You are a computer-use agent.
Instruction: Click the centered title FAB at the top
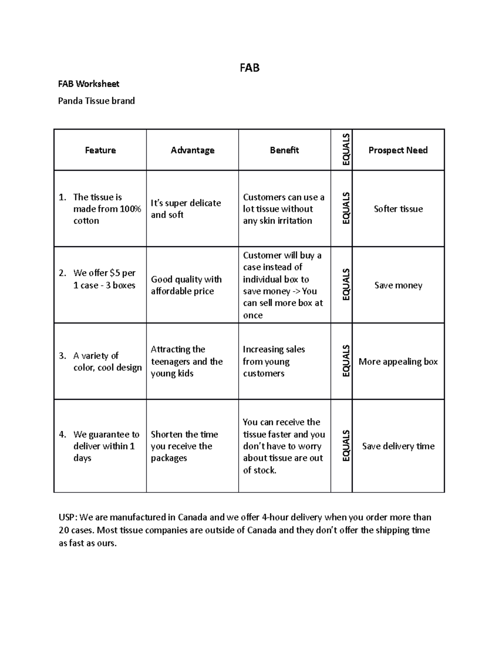(x=249, y=68)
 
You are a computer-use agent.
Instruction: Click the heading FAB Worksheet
(x=89, y=84)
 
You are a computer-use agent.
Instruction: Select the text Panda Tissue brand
(x=96, y=101)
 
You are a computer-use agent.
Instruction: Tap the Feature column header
(x=100, y=150)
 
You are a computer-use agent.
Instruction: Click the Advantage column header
(x=193, y=150)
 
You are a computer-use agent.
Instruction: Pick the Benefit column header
(x=284, y=150)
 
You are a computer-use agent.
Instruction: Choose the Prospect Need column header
(x=398, y=150)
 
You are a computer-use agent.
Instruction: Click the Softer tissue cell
(x=398, y=209)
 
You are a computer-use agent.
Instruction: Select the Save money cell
(x=398, y=285)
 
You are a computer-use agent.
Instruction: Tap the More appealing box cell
(x=398, y=361)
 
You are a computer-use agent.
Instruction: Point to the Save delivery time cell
(x=398, y=446)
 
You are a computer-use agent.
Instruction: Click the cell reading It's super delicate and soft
(x=185, y=209)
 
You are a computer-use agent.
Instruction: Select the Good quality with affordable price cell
(x=186, y=285)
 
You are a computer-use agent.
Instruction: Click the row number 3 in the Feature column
(x=62, y=356)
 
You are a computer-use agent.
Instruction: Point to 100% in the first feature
(x=131, y=209)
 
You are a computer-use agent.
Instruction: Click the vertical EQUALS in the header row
(x=346, y=150)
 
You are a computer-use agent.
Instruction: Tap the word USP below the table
(x=67, y=517)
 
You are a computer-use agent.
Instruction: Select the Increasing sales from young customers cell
(x=274, y=361)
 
